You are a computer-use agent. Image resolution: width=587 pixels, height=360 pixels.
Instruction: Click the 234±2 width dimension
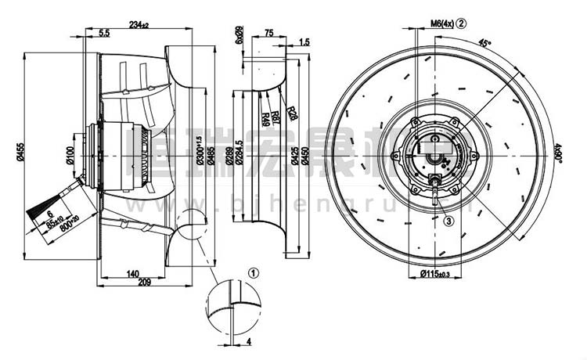(x=140, y=26)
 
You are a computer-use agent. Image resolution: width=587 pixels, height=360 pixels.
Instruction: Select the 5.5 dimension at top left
(x=104, y=32)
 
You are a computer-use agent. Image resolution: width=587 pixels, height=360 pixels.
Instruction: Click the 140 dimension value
(x=131, y=273)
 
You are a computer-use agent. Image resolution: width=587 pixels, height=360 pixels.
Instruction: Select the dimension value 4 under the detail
(x=248, y=341)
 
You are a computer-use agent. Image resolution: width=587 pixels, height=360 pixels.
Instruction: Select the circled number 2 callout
(x=462, y=23)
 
